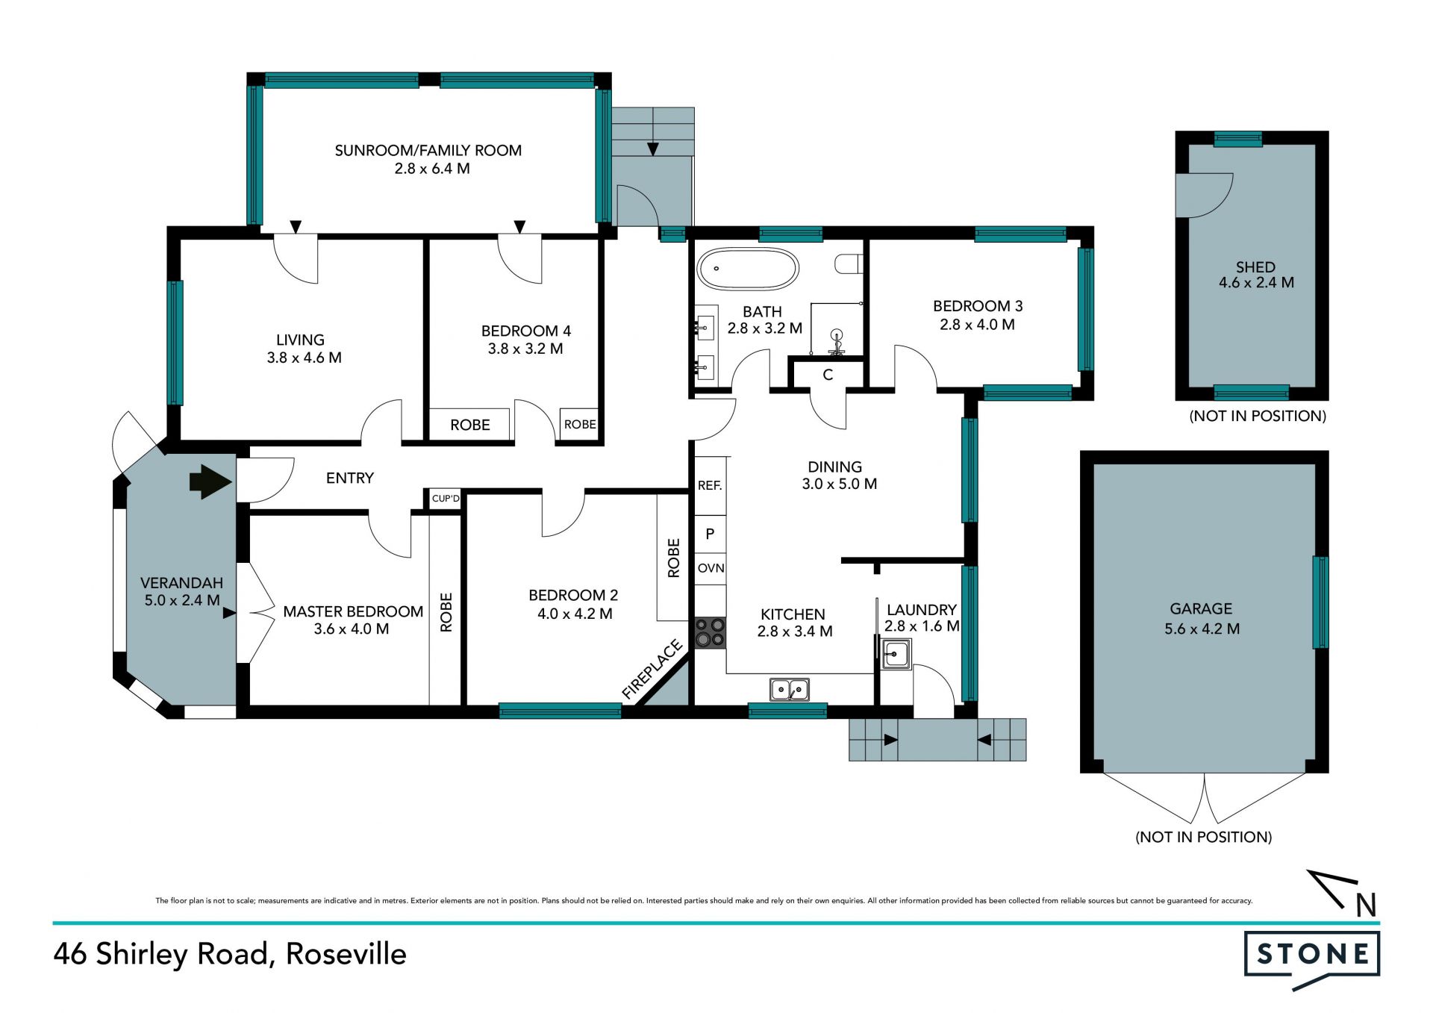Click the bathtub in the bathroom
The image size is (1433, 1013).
click(748, 269)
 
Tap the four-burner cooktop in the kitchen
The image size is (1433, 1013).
click(710, 632)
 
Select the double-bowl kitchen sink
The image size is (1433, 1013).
click(790, 690)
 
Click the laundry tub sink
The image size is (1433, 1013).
click(895, 655)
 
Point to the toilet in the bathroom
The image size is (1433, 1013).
click(849, 264)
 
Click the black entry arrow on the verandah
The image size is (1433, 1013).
click(211, 481)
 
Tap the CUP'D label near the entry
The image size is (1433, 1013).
click(446, 499)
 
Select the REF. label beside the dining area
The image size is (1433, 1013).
click(710, 485)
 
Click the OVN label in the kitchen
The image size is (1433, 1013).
click(711, 568)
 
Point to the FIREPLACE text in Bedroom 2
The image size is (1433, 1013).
click(652, 670)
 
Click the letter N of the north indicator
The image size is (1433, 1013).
click(1366, 906)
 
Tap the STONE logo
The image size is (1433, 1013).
click(1312, 960)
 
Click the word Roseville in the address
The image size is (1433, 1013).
click(346, 954)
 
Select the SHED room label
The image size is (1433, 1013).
click(1255, 267)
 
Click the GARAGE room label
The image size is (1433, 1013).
click(1201, 609)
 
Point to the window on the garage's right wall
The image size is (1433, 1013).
click(1320, 602)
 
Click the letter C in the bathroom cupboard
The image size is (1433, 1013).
click(828, 375)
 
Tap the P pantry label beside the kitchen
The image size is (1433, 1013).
click(710, 534)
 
